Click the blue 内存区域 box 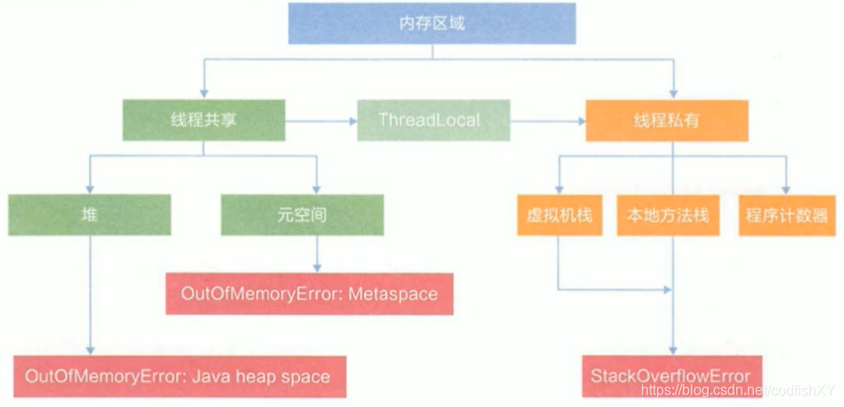coord(432,24)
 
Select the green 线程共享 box coord(203,120)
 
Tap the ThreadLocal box coord(434,120)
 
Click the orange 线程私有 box coord(666,120)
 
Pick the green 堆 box coord(89,216)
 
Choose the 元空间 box coord(303,216)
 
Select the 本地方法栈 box coord(668,216)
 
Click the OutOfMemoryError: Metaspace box coord(309,294)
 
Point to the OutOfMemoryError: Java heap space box coord(178,376)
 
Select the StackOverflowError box coord(670,376)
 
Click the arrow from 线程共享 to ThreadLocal coord(321,120)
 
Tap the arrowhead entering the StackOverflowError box coord(672,351)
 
